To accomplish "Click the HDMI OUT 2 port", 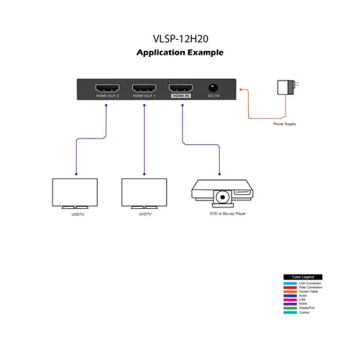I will [107, 88].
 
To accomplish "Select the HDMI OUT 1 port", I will [145, 88].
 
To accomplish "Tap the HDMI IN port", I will [182, 88].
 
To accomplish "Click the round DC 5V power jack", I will [213, 88].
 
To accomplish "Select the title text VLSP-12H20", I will [180, 37].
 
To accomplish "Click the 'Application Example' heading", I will [180, 53].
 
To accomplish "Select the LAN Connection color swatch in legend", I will [290, 283].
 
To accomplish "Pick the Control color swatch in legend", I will [290, 313].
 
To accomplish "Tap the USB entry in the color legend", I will [303, 301].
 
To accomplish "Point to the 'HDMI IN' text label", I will [182, 96].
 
